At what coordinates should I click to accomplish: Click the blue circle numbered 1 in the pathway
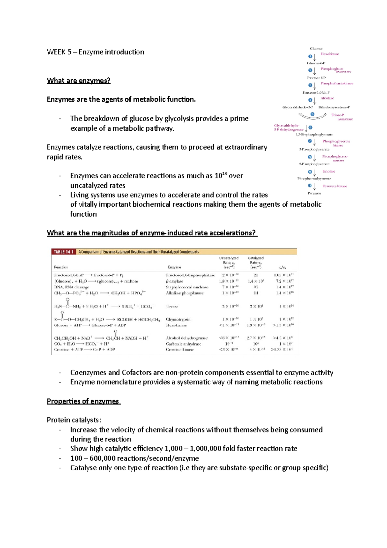point(310,56)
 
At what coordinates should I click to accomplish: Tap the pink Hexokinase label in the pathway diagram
point(330,54)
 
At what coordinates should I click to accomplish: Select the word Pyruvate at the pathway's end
point(314,193)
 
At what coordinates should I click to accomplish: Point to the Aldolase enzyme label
point(327,98)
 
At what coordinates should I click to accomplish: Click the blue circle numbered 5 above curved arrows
point(312,114)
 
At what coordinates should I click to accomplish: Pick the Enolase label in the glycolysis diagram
point(329,171)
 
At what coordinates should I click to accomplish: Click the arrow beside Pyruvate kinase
point(315,187)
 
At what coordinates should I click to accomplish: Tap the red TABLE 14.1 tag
point(64,252)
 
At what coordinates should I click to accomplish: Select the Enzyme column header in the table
point(174,267)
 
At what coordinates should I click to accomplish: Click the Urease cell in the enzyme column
point(172,306)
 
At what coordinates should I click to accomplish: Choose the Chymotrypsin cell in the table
point(178,319)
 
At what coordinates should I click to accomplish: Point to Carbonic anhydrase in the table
point(184,344)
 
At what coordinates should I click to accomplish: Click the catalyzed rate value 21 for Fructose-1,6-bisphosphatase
point(256,275)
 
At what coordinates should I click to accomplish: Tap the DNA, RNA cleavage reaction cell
point(72,287)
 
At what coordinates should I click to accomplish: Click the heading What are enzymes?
point(78,80)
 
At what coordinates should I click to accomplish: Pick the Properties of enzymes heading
point(83,401)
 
